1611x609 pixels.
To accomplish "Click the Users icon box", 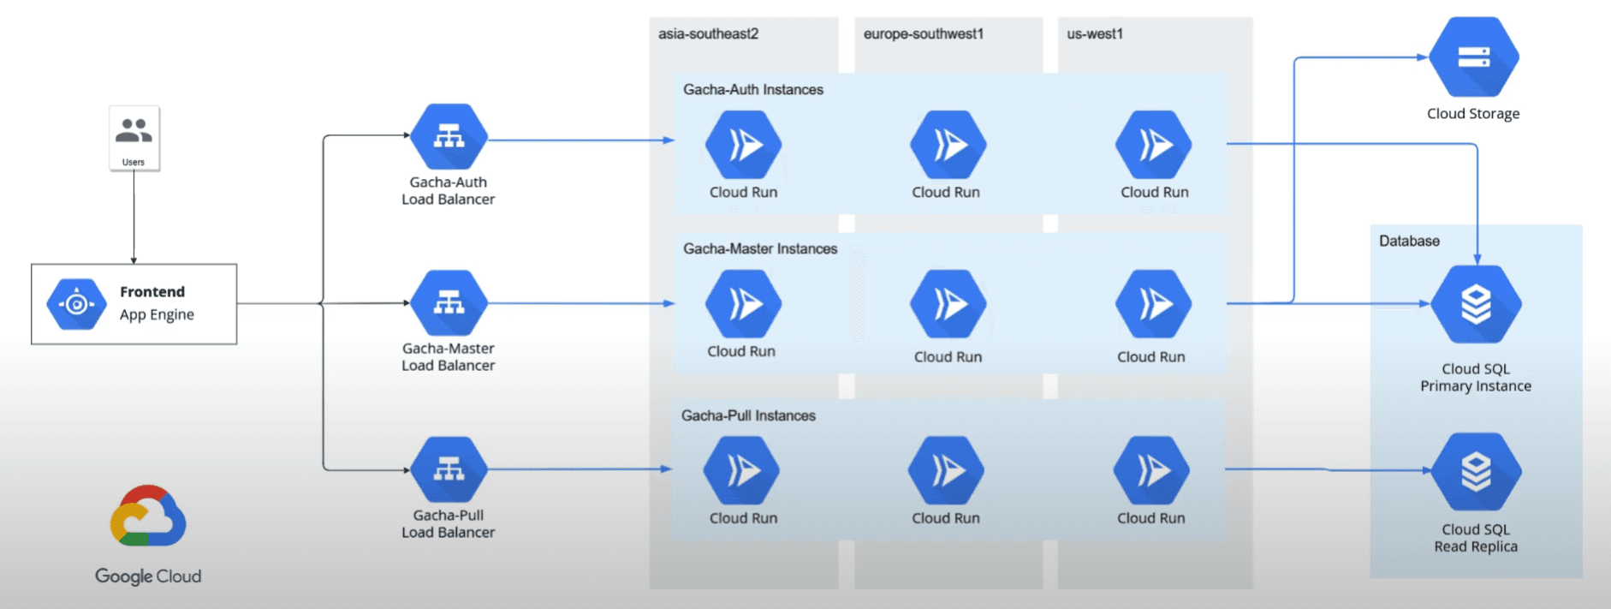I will pyautogui.click(x=134, y=138).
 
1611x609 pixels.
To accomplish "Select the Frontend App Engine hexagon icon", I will pyautogui.click(x=76, y=304).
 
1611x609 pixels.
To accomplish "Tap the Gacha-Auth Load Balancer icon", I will pyautogui.click(x=449, y=137).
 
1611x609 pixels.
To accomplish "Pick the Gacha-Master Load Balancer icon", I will pyautogui.click(x=449, y=303).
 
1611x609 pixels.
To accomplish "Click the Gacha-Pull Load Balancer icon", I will pyautogui.click(x=449, y=469).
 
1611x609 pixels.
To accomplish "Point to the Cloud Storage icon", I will pyautogui.click(x=1473, y=57).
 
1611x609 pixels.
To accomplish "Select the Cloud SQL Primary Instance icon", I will pyautogui.click(x=1476, y=304).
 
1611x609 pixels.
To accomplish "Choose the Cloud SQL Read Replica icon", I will pyautogui.click(x=1476, y=471).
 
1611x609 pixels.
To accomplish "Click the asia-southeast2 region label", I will pyautogui.click(x=708, y=34).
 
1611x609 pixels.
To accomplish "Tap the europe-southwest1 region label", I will pyautogui.click(x=923, y=34).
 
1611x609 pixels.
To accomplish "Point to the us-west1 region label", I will pyautogui.click(x=1094, y=34).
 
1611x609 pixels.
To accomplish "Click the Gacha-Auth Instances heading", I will pyautogui.click(x=752, y=90).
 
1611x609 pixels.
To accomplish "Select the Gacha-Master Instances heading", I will pyautogui.click(x=759, y=249).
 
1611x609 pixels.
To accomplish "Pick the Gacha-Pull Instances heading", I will pyautogui.click(x=747, y=416).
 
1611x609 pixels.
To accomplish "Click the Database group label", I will pyautogui.click(x=1408, y=242).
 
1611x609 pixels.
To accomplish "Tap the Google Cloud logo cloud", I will pyautogui.click(x=147, y=516).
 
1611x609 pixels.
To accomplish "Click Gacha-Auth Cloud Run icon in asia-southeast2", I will pyautogui.click(x=743, y=145).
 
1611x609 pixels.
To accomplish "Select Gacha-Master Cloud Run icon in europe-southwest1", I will pyautogui.click(x=948, y=304).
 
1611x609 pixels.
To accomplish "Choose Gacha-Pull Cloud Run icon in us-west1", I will pyautogui.click(x=1151, y=470).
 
